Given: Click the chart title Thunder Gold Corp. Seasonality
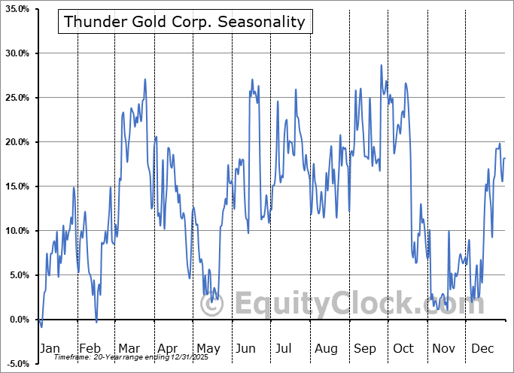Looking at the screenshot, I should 185,22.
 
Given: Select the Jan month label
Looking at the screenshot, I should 49,348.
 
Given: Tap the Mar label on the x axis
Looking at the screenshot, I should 129,348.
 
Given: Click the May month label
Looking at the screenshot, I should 208,348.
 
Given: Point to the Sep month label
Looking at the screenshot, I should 366,348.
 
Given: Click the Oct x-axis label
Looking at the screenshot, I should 405,348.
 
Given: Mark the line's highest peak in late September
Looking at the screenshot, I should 382,65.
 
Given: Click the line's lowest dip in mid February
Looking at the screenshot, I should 96,322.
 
